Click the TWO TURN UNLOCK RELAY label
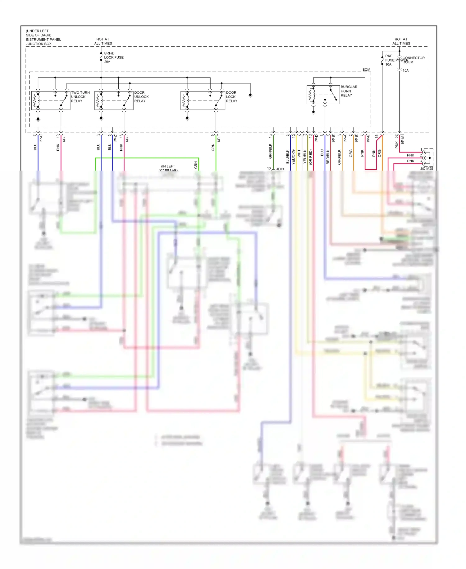click(80, 97)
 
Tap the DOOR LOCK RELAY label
click(231, 97)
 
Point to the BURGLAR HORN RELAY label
click(349, 91)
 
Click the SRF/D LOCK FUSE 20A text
click(113, 58)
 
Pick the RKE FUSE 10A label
click(389, 60)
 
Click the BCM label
click(366, 70)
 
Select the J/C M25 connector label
click(426, 169)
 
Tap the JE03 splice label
click(280, 169)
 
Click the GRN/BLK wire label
click(270, 151)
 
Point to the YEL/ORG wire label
click(293, 157)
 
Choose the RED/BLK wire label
click(328, 157)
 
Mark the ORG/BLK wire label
click(339, 157)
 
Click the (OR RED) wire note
click(311, 157)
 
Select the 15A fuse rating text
click(405, 71)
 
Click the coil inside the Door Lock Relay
click(185, 100)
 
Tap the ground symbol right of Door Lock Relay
click(250, 96)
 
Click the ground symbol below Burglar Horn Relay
click(313, 113)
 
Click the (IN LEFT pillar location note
click(168, 167)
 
